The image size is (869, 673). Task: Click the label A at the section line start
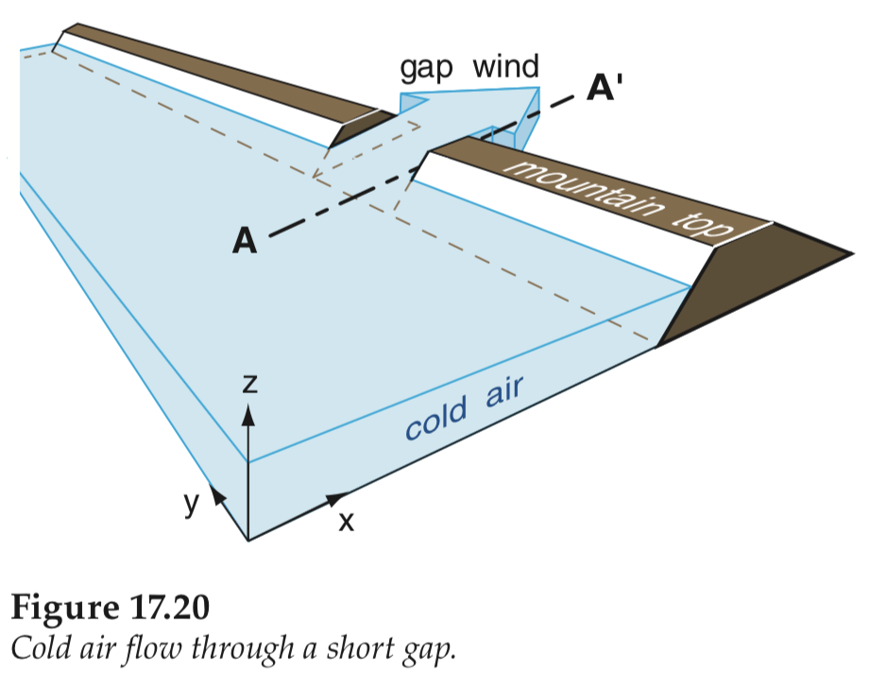tap(245, 242)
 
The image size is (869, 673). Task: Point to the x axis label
tap(346, 520)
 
